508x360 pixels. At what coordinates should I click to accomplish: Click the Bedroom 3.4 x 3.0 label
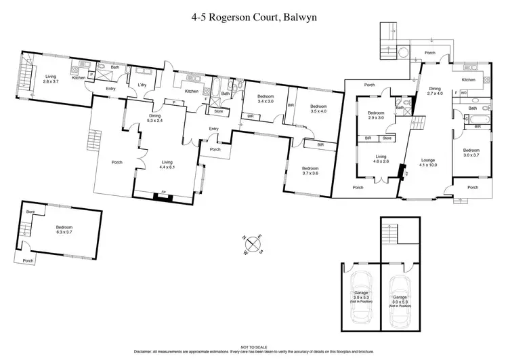pyautogui.click(x=261, y=99)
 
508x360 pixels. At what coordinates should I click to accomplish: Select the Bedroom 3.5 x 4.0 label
pyautogui.click(x=318, y=108)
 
